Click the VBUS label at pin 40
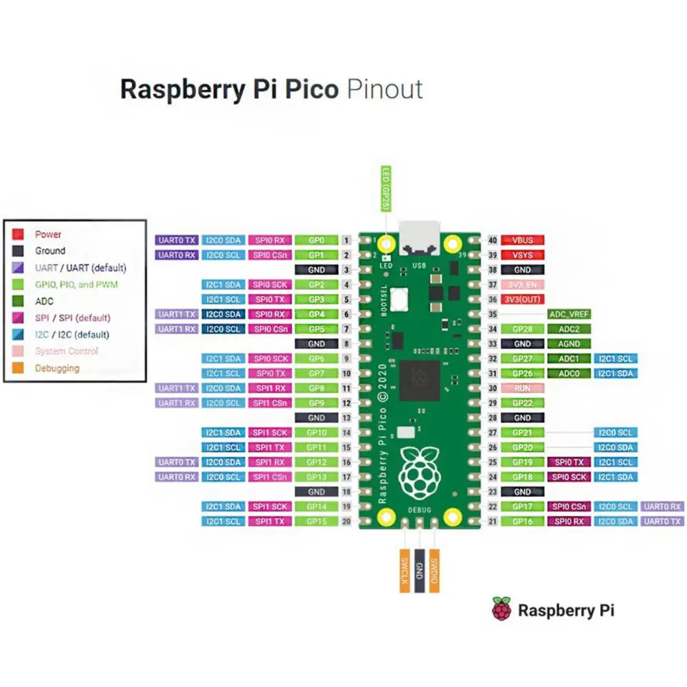(x=522, y=240)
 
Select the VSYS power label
(x=522, y=255)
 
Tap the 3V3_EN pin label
(x=522, y=284)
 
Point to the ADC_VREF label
(x=569, y=314)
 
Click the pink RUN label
(x=522, y=387)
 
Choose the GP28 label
(x=522, y=329)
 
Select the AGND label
(x=569, y=343)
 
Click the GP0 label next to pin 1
(x=316, y=240)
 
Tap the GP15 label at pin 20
(x=316, y=521)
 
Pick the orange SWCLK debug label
(x=405, y=570)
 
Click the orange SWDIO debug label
(x=433, y=570)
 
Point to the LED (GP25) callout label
(x=385, y=188)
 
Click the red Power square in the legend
(x=19, y=234)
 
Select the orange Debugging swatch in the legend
(x=19, y=368)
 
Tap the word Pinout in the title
(x=385, y=90)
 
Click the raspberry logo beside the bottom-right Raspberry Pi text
(x=502, y=609)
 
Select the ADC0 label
(x=569, y=373)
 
